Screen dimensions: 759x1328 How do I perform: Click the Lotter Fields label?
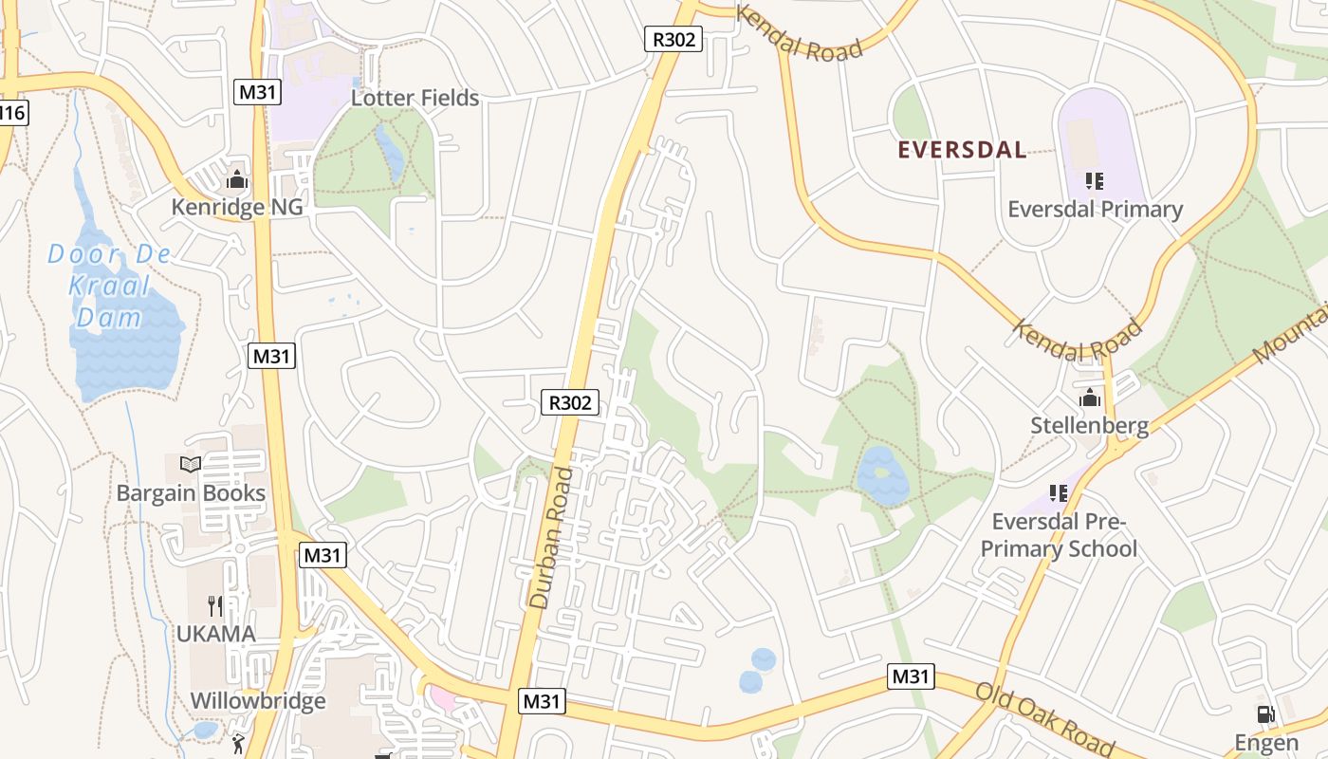415,98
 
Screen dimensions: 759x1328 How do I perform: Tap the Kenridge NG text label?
237,207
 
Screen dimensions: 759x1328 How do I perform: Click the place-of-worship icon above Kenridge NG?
237,179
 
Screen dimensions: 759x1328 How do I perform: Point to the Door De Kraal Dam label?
110,285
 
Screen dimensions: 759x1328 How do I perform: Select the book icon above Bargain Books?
191,465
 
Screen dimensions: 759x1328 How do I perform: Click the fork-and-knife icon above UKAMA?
215,605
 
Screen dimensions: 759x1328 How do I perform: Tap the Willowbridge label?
258,701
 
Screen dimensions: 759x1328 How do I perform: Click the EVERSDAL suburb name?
962,150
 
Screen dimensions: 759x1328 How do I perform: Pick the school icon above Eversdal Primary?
1095,180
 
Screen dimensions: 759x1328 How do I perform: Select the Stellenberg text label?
1089,426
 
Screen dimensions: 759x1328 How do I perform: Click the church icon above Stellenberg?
1089,398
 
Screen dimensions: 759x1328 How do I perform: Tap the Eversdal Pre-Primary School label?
1059,535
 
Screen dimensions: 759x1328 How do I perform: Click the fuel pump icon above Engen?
1265,714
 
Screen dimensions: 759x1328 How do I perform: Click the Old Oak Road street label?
1044,718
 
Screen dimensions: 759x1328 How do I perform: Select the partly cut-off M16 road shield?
12,113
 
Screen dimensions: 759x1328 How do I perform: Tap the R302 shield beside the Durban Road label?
570,402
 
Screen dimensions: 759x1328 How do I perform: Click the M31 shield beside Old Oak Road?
911,676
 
